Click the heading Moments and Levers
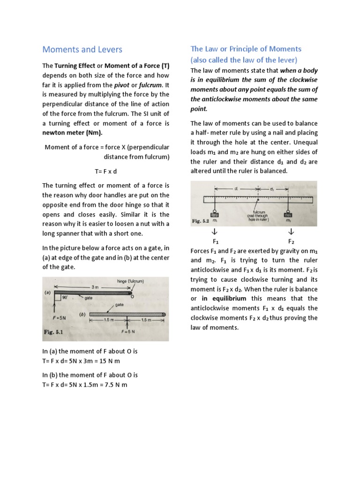[82, 49]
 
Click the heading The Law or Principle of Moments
[246, 49]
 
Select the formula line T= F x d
[106, 171]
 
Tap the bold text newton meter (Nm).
[72, 133]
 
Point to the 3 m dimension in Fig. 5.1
[96, 286]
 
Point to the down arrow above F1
[215, 232]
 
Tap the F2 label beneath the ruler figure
[291, 241]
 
